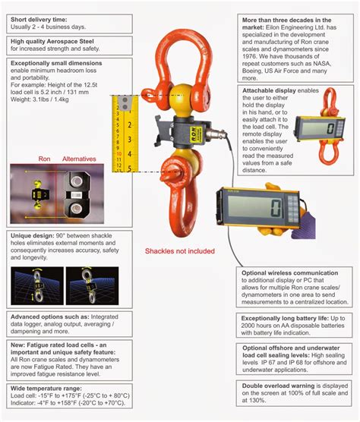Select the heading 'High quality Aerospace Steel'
[x=56, y=42]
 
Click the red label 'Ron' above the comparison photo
[x=45, y=159]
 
